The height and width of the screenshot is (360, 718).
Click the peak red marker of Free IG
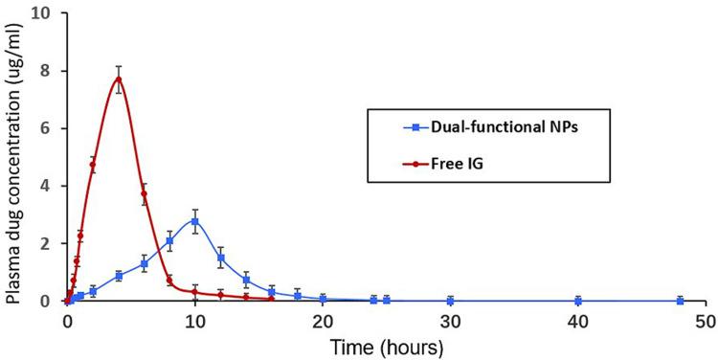point(119,79)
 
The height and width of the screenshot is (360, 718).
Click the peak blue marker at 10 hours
point(195,221)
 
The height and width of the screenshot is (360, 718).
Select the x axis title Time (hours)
point(386,344)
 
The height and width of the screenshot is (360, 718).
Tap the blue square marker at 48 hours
point(680,301)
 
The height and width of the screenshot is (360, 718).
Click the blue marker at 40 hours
point(577,301)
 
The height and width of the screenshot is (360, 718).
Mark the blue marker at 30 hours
point(450,301)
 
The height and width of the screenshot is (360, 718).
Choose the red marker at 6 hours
point(144,193)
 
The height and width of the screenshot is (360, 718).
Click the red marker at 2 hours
point(93,165)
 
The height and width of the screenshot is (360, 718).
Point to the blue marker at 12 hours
point(220,258)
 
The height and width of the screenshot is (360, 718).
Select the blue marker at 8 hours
point(169,241)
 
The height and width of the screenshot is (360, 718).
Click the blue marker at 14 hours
point(246,281)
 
